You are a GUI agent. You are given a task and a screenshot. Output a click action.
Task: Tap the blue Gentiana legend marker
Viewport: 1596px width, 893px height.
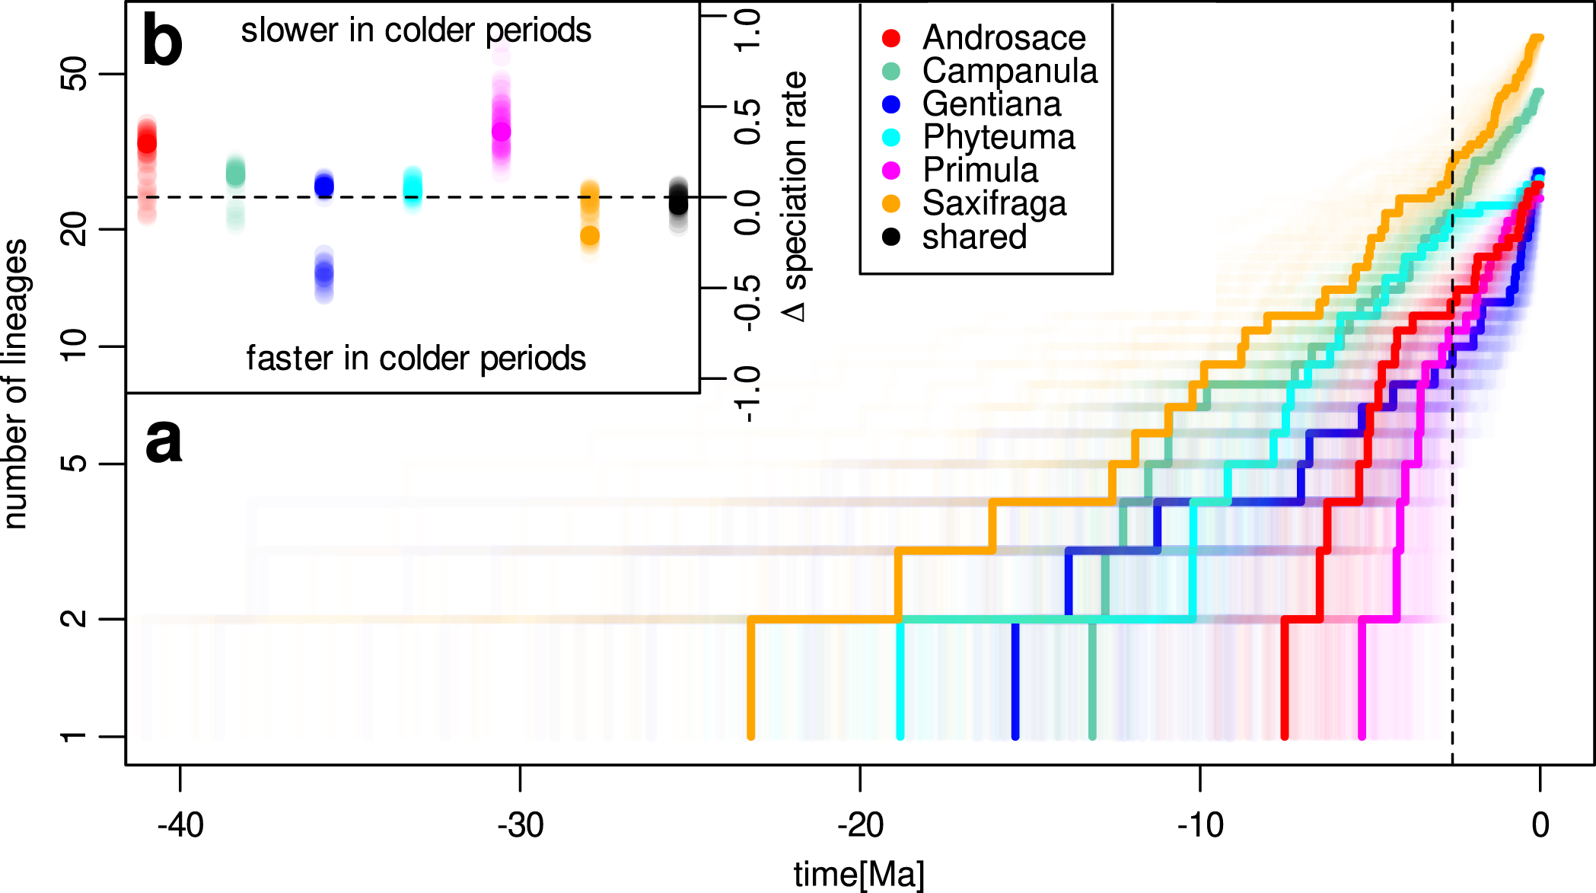coord(891,104)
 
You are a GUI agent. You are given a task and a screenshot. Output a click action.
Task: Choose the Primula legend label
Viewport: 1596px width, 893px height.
coord(980,171)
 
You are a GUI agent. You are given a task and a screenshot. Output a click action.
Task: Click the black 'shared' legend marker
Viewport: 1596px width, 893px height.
coord(891,237)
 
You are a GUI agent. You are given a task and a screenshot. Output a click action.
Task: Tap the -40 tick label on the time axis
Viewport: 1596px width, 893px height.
coord(180,825)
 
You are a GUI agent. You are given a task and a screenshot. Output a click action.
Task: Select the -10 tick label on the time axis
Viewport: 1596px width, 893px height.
coord(1200,825)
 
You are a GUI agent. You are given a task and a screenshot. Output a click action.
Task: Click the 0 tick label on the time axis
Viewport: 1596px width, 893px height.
coord(1540,825)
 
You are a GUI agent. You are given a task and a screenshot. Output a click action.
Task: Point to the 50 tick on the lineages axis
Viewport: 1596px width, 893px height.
coord(75,74)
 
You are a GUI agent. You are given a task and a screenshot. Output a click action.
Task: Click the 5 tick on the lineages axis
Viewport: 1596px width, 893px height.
coord(75,464)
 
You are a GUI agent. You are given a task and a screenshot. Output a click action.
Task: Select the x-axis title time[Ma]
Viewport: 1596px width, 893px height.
coord(859,874)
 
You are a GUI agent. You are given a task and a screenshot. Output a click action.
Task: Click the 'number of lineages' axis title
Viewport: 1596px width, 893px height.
coord(15,384)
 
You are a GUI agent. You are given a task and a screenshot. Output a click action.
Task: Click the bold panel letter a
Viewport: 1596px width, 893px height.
coord(164,441)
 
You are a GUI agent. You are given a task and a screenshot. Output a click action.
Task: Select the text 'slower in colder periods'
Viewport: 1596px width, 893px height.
coord(416,30)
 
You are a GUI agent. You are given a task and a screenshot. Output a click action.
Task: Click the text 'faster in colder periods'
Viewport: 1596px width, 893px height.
coord(416,358)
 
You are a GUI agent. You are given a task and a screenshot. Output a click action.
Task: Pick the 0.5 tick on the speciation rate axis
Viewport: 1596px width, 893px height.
coord(747,122)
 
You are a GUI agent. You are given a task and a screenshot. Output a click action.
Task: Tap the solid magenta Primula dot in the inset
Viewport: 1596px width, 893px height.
coord(501,132)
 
